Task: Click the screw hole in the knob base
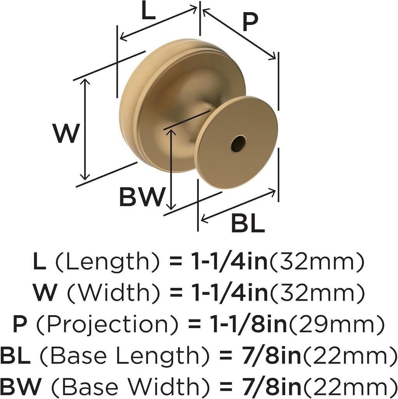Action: [x=238, y=144]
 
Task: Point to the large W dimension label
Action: [x=67, y=134]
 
